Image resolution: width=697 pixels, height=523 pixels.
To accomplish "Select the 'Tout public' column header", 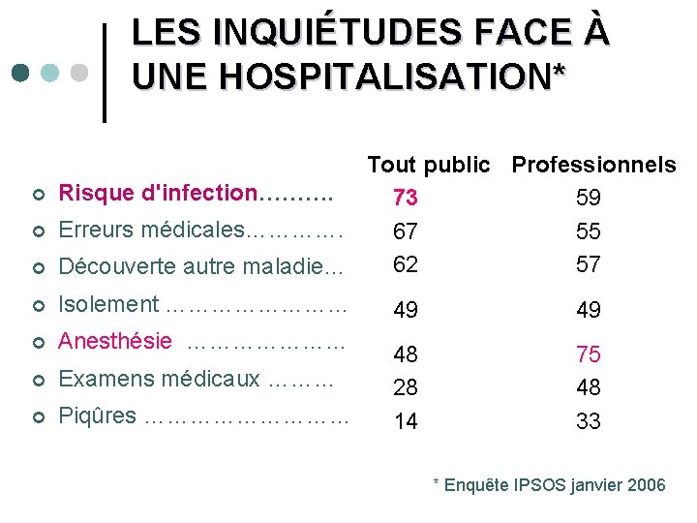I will pyautogui.click(x=428, y=165).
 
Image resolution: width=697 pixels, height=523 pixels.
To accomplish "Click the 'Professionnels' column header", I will pyautogui.click(x=593, y=165).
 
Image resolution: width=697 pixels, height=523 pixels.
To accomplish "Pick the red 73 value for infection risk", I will pyautogui.click(x=406, y=198).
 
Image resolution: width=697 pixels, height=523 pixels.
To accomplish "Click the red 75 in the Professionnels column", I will pyautogui.click(x=588, y=354).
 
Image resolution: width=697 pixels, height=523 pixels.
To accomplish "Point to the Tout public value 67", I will pyautogui.click(x=406, y=231).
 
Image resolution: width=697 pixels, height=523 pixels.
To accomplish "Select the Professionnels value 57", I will pyautogui.click(x=588, y=263).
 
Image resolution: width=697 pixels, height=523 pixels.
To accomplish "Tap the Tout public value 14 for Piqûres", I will pyautogui.click(x=406, y=421).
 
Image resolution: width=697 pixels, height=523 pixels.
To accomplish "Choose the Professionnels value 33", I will pyautogui.click(x=588, y=421).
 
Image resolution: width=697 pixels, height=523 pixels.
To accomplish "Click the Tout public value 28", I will pyautogui.click(x=406, y=387).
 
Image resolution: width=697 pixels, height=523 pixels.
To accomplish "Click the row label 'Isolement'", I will pyautogui.click(x=108, y=304).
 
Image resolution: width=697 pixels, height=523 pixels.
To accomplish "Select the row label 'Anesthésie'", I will pyautogui.click(x=115, y=341).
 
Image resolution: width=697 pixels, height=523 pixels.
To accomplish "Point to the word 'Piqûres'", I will pyautogui.click(x=98, y=415).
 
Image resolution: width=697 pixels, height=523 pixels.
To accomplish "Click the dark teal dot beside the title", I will pyautogui.click(x=19, y=74).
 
